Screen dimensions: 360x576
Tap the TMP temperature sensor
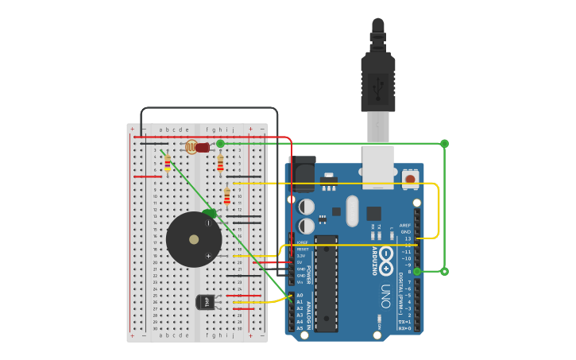tap(205, 302)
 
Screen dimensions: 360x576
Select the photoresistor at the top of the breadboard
tap(191, 146)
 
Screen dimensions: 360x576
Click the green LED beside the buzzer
tap(210, 213)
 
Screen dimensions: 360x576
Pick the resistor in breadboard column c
tap(167, 162)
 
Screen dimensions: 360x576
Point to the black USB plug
tap(377, 75)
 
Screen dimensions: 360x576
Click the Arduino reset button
tap(410, 179)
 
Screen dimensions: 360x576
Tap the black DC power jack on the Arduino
tap(303, 173)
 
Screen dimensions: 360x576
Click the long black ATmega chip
tap(327, 283)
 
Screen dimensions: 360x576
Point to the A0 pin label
tap(300, 296)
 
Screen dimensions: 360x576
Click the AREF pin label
tap(405, 225)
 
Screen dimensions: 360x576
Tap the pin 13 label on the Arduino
tap(408, 238)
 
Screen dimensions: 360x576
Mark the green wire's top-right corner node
tap(444, 144)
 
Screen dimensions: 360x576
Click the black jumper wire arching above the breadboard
tap(210, 108)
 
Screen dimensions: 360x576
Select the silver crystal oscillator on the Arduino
tap(352, 211)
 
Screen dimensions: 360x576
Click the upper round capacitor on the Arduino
tap(307, 207)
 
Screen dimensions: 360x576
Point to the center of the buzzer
tap(194, 239)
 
